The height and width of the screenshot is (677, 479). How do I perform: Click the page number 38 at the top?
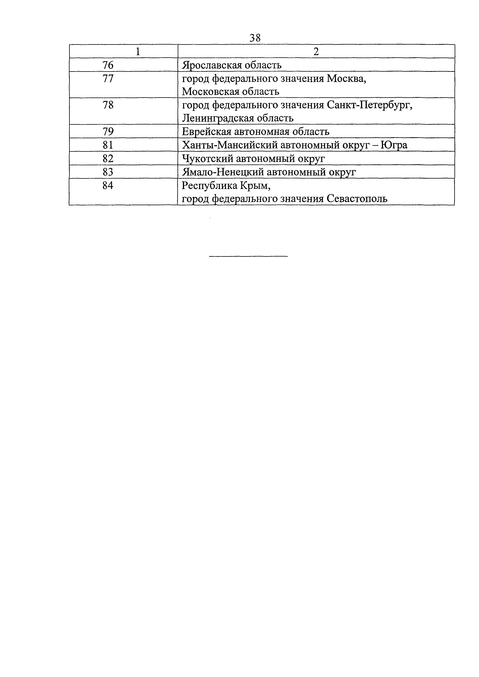255,38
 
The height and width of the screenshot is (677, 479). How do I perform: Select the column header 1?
138,52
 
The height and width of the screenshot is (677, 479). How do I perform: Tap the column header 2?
316,52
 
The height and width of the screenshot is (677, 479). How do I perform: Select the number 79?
108,131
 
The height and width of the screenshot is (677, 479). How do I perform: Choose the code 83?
108,172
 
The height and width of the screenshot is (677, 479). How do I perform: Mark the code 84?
108,186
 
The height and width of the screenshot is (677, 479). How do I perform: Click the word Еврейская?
206,131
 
